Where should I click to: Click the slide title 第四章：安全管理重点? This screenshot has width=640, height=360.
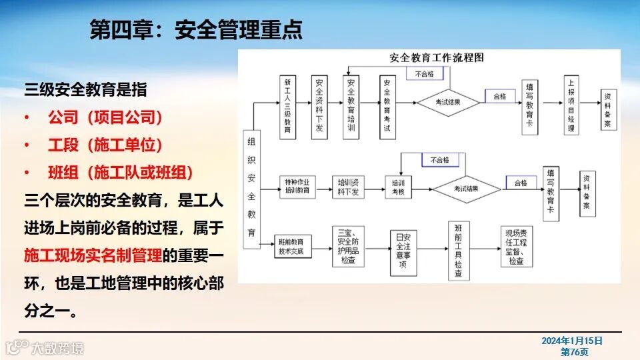(x=196, y=29)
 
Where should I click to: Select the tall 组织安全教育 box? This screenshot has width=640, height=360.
(x=251, y=188)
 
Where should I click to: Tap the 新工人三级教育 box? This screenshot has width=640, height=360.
(x=287, y=107)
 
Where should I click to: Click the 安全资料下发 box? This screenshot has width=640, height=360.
(x=319, y=107)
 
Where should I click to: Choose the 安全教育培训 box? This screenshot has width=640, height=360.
(x=352, y=107)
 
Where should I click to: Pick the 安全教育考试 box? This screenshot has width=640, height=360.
(x=385, y=107)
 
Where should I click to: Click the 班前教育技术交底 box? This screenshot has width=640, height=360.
(x=292, y=247)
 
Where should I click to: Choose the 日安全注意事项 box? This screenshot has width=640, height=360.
(x=403, y=247)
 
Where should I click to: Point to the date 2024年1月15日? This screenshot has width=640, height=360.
(x=572, y=341)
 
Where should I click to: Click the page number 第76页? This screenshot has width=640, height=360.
(x=574, y=351)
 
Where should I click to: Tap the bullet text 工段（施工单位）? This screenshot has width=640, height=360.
(x=105, y=145)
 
